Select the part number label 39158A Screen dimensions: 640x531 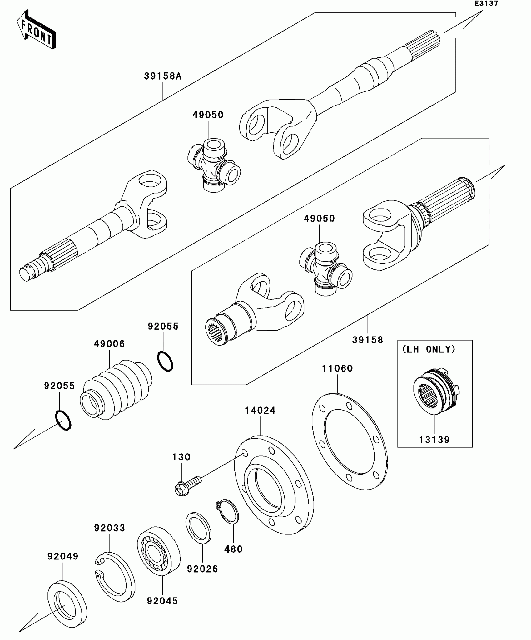tap(162, 76)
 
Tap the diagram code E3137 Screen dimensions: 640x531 tap(486, 4)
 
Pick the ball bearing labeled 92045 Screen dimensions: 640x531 tap(159, 551)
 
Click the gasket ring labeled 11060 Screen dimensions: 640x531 tap(350, 441)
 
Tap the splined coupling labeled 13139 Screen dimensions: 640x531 tap(436, 391)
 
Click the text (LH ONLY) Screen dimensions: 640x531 tap(429, 349)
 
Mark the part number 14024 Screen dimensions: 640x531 tap(260, 411)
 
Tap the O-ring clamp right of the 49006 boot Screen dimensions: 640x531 tap(165, 361)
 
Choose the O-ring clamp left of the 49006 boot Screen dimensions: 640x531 tap(63, 421)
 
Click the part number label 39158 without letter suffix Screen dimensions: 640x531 tap(368, 340)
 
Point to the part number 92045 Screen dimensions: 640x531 tap(162, 601)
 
